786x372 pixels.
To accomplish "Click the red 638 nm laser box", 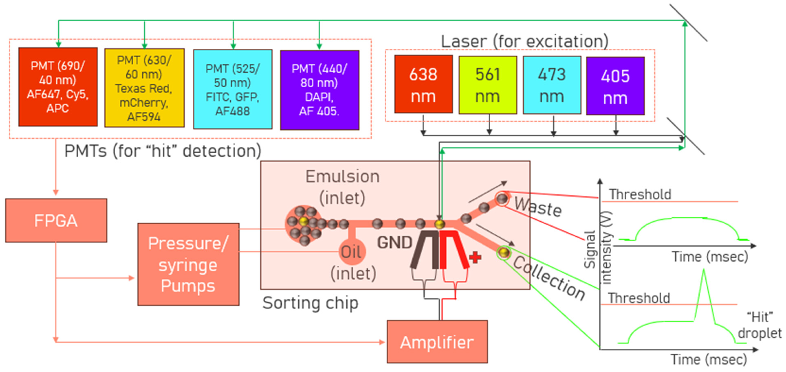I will point(423,84).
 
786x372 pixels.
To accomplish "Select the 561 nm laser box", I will point(487,85).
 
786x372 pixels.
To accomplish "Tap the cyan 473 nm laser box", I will point(552,85).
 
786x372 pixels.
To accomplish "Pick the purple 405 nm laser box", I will point(615,86).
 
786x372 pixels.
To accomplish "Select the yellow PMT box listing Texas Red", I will point(144,88).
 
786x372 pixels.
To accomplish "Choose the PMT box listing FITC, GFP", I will point(232,89).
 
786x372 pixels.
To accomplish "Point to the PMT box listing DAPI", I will point(320,90).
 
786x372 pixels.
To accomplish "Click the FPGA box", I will point(56,220).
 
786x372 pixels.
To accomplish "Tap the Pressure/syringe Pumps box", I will point(188,264).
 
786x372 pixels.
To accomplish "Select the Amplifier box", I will point(437,342).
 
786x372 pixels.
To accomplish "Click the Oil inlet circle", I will point(352,252).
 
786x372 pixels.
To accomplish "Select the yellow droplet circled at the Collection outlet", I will point(504,252).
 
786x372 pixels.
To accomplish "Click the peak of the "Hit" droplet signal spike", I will point(704,271).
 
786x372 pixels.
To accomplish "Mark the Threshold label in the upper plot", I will point(640,194).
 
